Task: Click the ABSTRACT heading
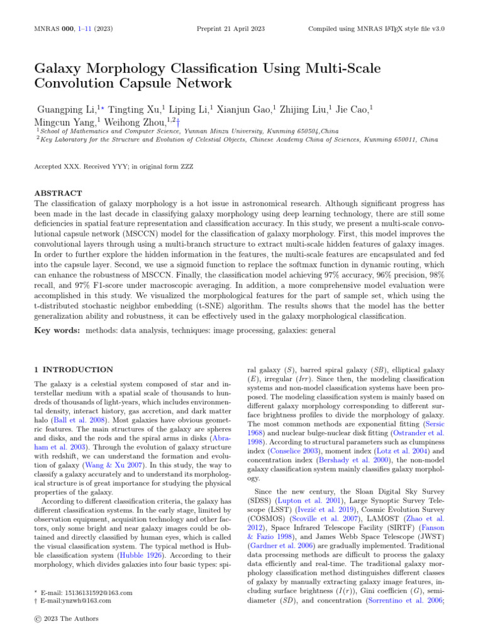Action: pyautogui.click(x=58, y=193)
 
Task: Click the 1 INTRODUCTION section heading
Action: pyautogui.click(x=74, y=369)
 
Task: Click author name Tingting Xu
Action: pyautogui.click(x=131, y=109)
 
